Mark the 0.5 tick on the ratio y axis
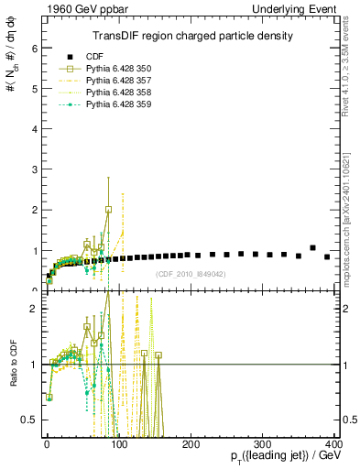coord(28,420)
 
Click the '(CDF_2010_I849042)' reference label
coord(191,273)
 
